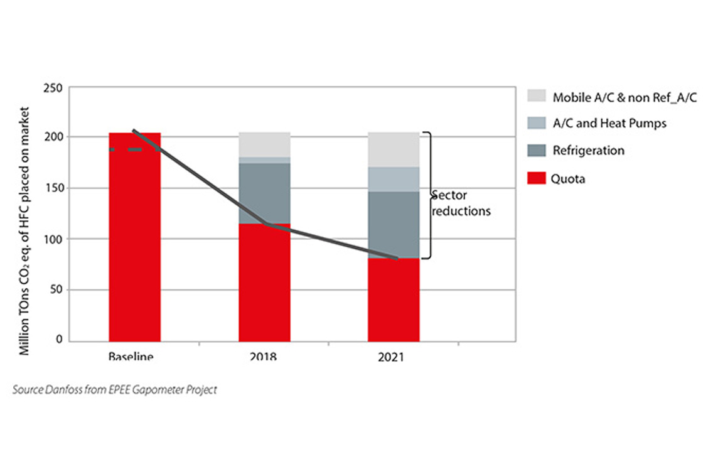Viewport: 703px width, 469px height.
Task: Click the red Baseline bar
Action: [x=134, y=251]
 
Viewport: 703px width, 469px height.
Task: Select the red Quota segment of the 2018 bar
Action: [x=264, y=283]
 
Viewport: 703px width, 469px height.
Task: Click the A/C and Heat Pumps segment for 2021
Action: [x=394, y=180]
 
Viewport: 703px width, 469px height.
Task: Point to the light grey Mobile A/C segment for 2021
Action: [x=394, y=149]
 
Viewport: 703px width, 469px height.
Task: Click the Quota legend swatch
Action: [x=537, y=178]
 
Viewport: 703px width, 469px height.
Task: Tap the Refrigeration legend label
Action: [x=588, y=151]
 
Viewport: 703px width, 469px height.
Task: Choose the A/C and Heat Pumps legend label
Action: [x=609, y=123]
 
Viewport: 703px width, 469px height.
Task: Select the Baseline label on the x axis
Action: [x=131, y=357]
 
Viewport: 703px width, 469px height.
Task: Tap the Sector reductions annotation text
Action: [x=461, y=203]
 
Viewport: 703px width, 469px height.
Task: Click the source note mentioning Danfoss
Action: [x=115, y=390]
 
